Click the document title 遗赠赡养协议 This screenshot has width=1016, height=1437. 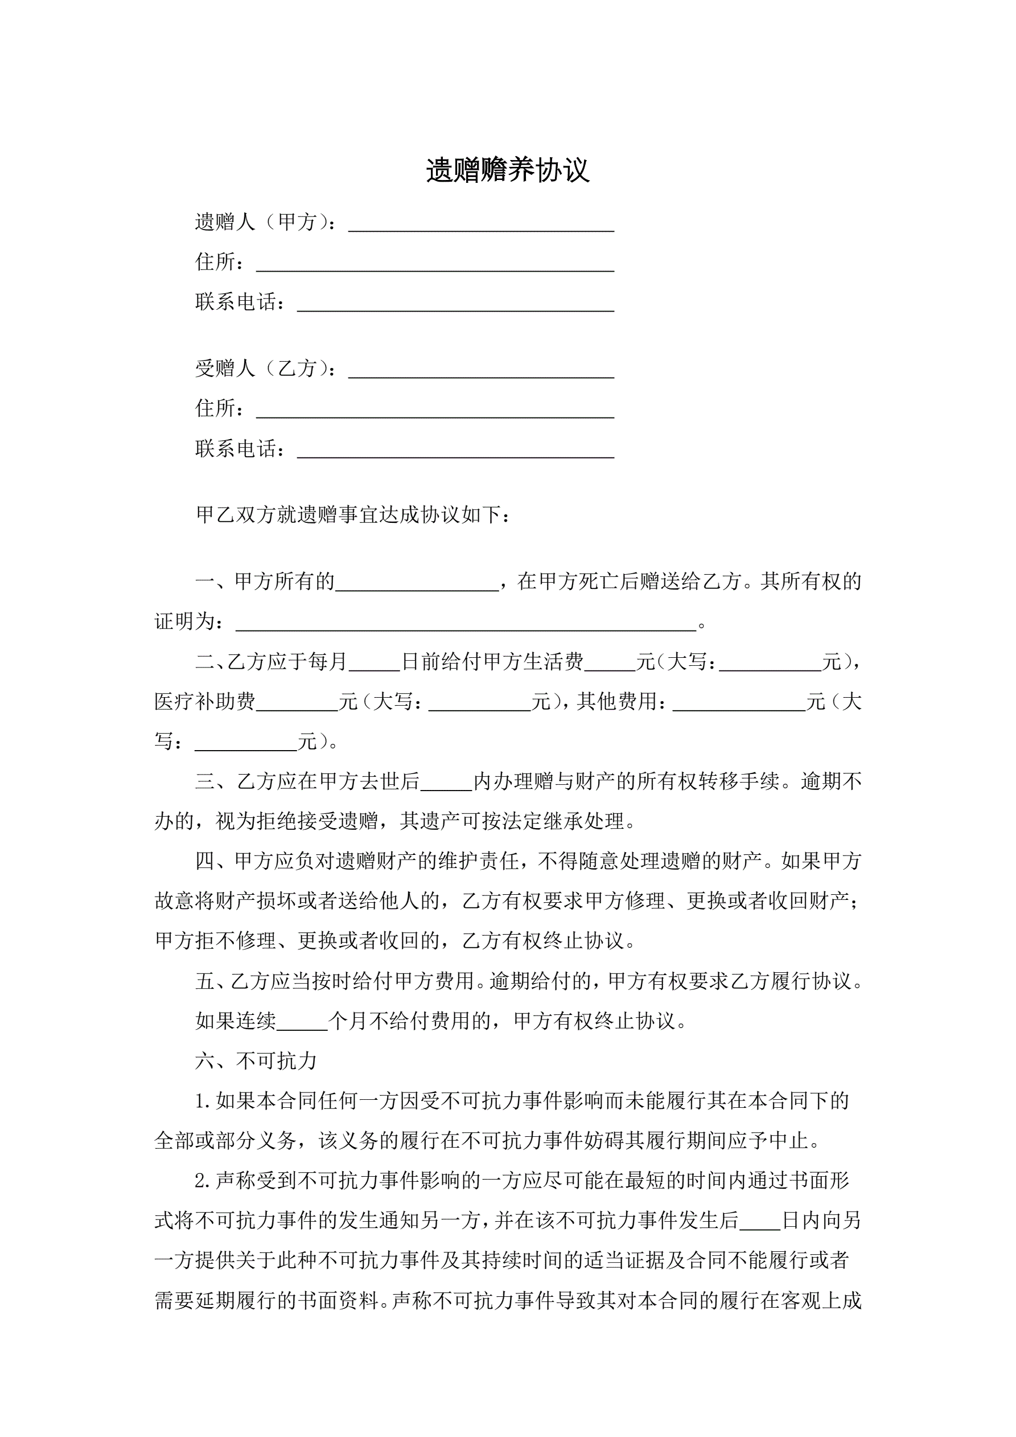507,170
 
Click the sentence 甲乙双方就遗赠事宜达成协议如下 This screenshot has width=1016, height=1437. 353,514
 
